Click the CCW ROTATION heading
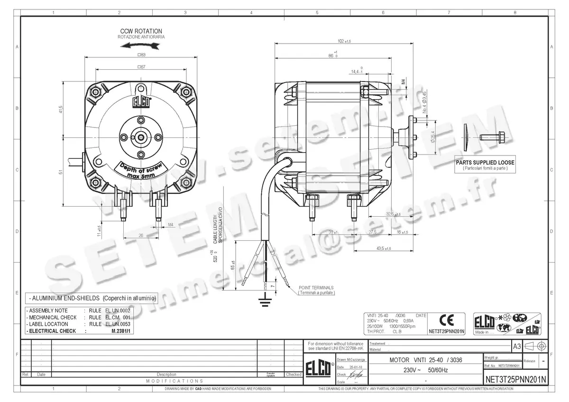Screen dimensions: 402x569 point(141,31)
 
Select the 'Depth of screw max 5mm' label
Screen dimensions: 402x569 point(141,170)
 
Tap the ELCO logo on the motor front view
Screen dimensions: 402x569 point(141,102)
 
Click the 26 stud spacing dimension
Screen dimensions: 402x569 point(140,235)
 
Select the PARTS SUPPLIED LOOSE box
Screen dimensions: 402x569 point(485,165)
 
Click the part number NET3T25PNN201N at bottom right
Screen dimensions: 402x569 point(516,379)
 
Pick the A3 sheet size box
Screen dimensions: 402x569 point(516,347)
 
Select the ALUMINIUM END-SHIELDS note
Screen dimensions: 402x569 point(92,298)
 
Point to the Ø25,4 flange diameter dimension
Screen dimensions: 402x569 point(432,137)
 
